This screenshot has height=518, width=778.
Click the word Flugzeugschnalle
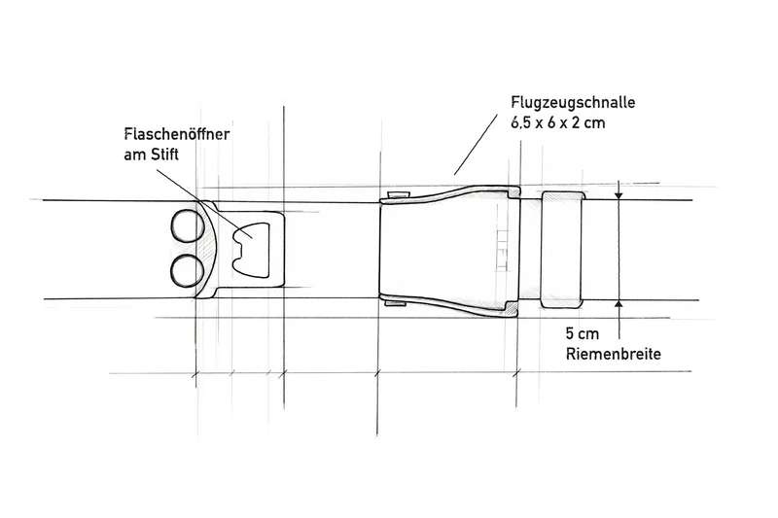(x=573, y=103)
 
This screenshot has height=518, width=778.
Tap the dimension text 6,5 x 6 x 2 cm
(x=558, y=122)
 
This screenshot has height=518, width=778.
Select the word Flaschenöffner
(x=177, y=134)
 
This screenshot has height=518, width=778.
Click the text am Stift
(x=152, y=155)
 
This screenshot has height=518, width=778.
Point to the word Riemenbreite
(x=614, y=354)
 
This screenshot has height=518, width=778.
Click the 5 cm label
(x=583, y=333)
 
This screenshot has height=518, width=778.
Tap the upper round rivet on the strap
(x=188, y=226)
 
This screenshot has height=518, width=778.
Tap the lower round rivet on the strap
(x=187, y=270)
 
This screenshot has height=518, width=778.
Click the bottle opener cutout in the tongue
(x=251, y=250)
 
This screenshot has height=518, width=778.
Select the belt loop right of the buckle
(x=561, y=250)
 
